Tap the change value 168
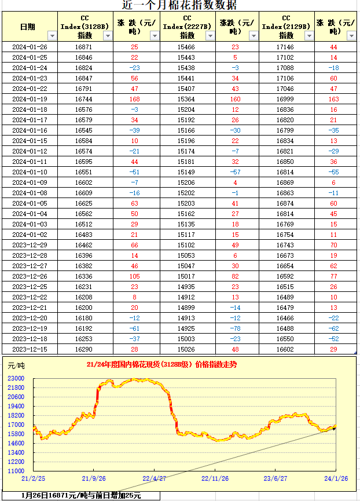134,99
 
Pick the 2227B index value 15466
186,47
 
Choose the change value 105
134,276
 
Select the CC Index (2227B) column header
186,27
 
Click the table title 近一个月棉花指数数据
179,5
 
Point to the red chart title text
161,365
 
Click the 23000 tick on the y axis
16,378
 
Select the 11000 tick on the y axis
16,471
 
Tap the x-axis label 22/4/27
155,478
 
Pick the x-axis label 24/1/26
335,478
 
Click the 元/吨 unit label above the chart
16,366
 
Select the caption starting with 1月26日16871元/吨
82,496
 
